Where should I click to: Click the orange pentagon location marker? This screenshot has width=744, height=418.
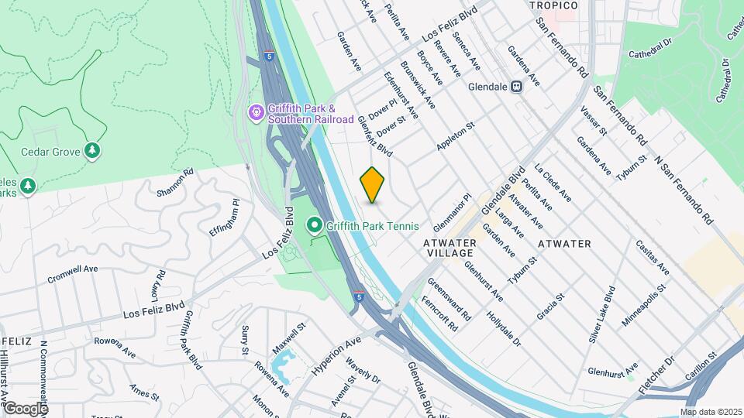click(x=373, y=185)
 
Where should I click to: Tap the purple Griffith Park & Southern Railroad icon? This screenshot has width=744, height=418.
click(x=256, y=114)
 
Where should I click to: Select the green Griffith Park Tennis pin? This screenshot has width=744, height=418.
click(x=315, y=226)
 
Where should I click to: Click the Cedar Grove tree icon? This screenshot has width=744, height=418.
click(x=93, y=150)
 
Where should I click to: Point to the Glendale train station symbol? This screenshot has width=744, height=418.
click(x=516, y=87)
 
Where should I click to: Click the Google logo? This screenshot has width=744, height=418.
click(x=26, y=409)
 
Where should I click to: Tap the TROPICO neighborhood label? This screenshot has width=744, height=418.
click(x=553, y=6)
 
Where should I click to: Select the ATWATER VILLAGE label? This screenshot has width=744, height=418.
click(x=449, y=248)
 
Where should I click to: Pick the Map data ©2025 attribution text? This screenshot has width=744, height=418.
click(x=711, y=412)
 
